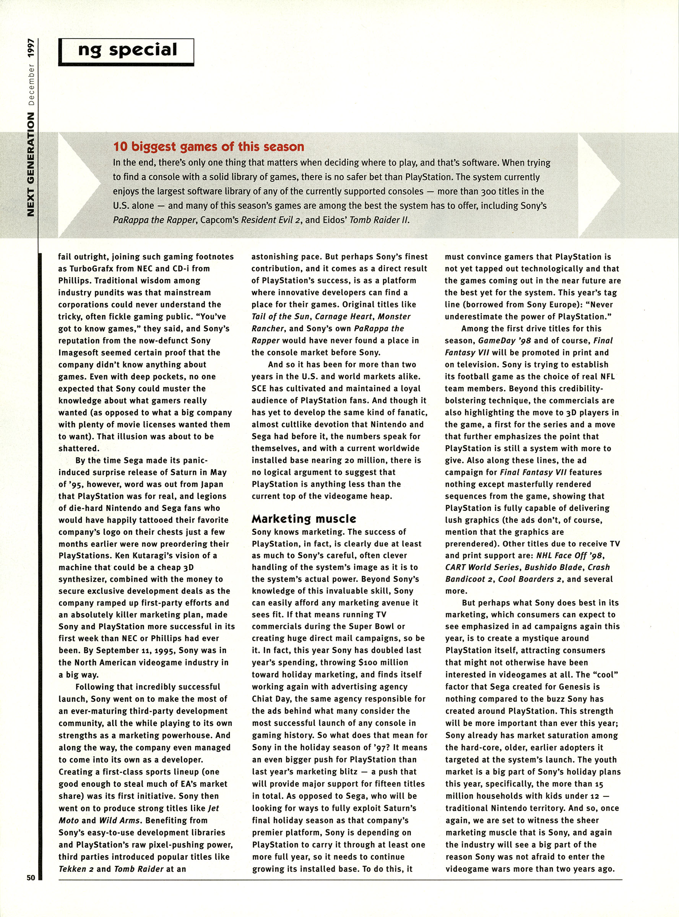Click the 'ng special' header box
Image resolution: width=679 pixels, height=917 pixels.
[x=126, y=51]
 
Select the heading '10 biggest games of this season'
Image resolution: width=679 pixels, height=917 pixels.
[x=208, y=147]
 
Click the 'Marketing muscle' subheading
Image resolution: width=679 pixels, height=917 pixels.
[x=304, y=518]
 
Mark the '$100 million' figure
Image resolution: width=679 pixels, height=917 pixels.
[x=383, y=663]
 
